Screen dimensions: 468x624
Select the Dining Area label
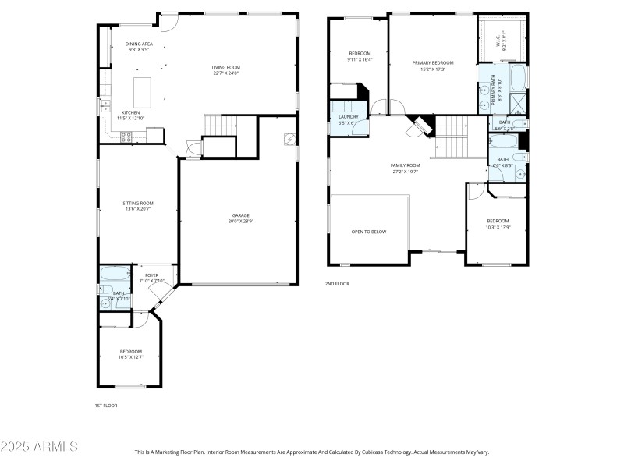pyautogui.click(x=138, y=46)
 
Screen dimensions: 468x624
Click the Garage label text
pyautogui.click(x=239, y=218)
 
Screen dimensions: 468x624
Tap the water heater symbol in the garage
pyautogui.click(x=289, y=138)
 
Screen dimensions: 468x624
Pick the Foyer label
pyautogui.click(x=151, y=277)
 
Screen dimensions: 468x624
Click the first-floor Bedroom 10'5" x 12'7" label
pyautogui.click(x=130, y=353)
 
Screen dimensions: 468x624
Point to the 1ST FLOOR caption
pyautogui.click(x=106, y=405)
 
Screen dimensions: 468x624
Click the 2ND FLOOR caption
pyautogui.click(x=337, y=283)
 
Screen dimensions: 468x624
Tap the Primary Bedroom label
pyautogui.click(x=432, y=65)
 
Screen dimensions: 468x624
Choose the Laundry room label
pyautogui.click(x=348, y=119)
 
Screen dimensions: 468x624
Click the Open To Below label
pyautogui.click(x=368, y=232)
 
